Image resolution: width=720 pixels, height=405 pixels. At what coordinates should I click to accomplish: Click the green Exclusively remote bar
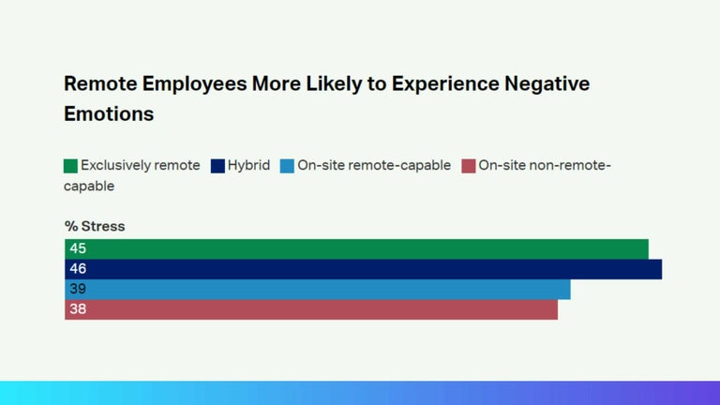coord(356,248)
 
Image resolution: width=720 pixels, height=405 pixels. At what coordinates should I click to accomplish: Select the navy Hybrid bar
coord(363,269)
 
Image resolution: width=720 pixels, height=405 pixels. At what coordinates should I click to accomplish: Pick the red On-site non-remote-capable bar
coord(311,308)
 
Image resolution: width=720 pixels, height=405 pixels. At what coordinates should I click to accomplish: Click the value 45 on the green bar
coord(78,248)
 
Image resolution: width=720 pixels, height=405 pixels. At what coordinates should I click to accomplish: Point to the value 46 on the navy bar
coord(78,269)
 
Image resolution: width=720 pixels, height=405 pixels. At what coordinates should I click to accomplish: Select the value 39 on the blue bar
coord(78,289)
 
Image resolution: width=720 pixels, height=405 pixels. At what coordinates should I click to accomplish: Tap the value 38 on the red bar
coord(78,308)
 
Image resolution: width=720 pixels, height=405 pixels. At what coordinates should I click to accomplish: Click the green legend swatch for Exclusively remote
coord(70,166)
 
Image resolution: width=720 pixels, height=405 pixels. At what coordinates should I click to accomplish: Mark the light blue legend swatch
coord(287,166)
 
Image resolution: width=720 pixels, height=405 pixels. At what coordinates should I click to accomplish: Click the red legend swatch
coord(469,166)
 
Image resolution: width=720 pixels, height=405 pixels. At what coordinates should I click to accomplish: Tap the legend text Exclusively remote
coord(140,166)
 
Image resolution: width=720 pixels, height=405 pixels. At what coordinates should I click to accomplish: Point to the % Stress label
coord(95,226)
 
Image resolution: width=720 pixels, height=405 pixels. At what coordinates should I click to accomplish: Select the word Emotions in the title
coord(109,114)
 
